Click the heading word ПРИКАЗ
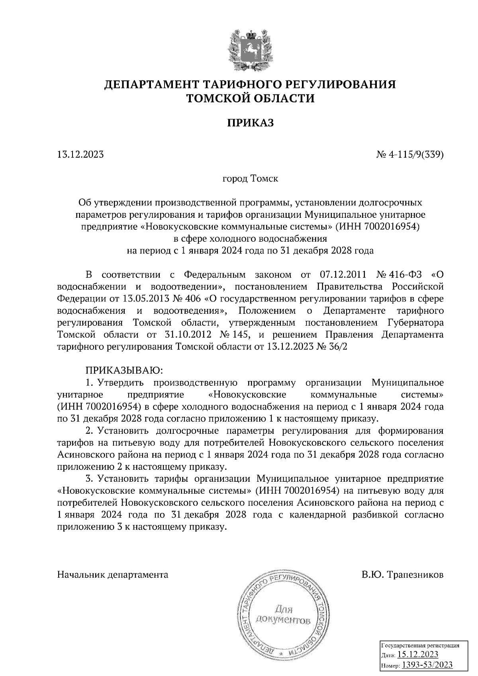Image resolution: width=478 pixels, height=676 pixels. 251,123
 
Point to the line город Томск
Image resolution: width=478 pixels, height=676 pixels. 251,179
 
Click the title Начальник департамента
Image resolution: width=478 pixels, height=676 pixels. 113,575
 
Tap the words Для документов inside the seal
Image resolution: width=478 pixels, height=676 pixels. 283,615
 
